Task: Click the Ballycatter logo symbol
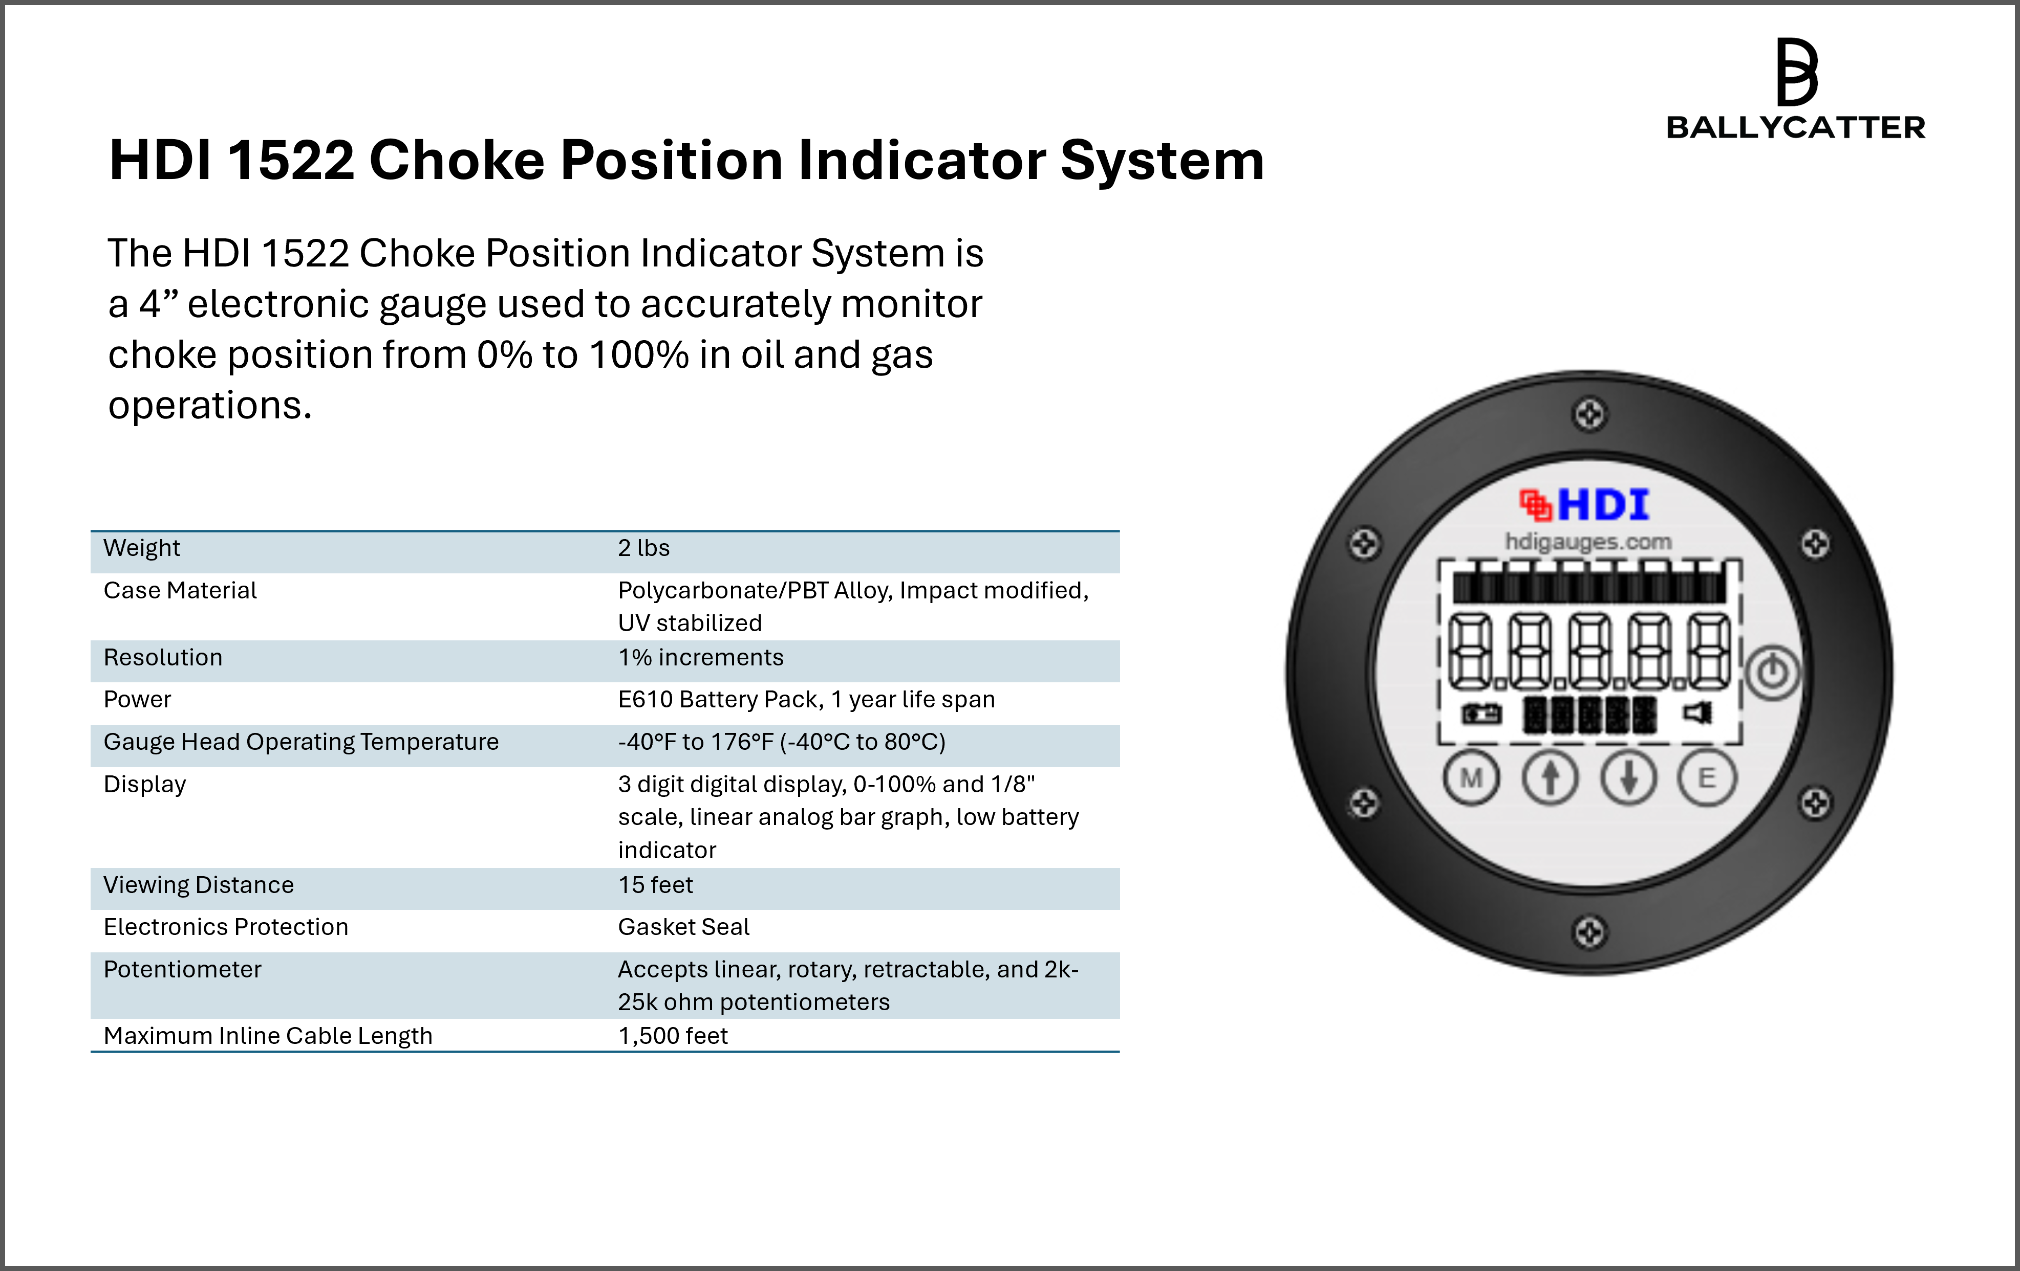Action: pos(1797,72)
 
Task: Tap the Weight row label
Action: pos(142,548)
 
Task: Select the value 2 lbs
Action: pos(643,548)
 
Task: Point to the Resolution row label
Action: pos(163,657)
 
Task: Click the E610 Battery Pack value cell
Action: pos(806,699)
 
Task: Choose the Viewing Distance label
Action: pos(199,885)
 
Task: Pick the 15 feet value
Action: pos(656,885)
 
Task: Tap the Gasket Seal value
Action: pos(684,927)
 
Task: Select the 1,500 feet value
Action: pos(673,1036)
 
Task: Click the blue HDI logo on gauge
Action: pos(1603,505)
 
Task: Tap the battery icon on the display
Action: pos(1481,715)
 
